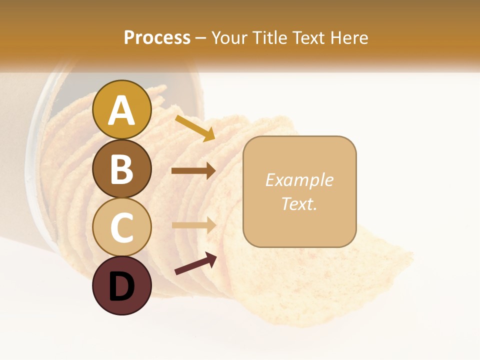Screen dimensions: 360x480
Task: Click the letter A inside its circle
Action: point(121,110)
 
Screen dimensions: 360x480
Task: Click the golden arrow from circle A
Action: point(195,128)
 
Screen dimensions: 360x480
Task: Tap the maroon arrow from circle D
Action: point(195,263)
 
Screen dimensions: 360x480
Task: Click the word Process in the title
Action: point(157,37)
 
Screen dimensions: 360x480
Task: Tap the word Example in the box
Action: point(299,180)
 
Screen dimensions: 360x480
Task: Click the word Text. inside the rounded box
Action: point(299,203)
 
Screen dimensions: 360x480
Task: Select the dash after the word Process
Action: point(201,38)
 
